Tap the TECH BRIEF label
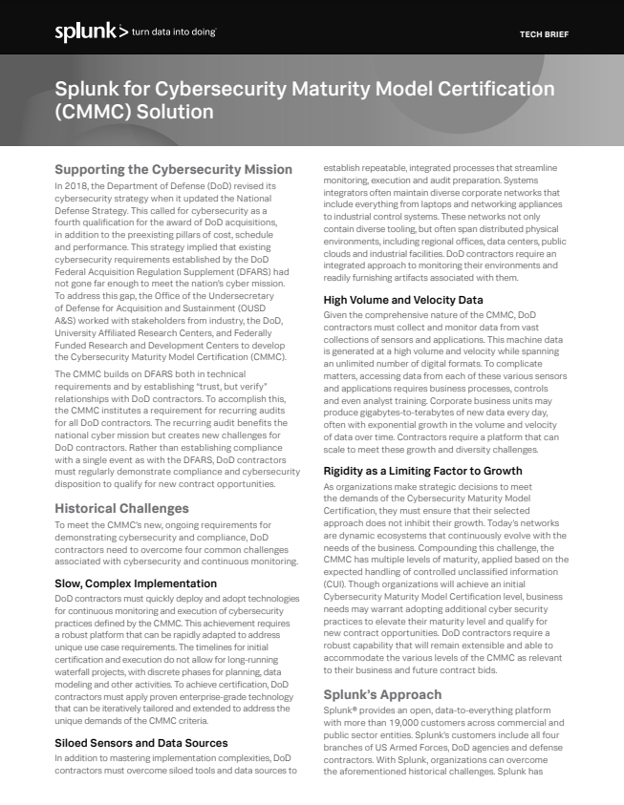tap(544, 33)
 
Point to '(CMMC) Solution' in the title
tap(135, 111)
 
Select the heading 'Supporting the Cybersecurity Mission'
tap(173, 169)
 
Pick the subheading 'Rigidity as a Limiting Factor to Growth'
tap(422, 471)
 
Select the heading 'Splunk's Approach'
tap(382, 694)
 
